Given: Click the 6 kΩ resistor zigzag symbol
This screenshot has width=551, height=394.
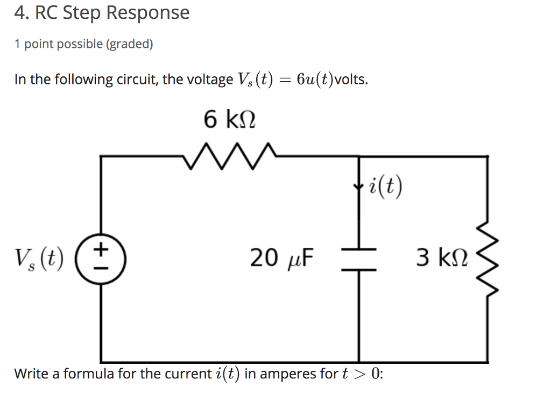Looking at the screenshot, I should tap(230, 156).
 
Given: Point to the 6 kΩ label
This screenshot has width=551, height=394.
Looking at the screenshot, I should tap(229, 119).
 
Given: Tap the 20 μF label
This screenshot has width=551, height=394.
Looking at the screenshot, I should tap(282, 258).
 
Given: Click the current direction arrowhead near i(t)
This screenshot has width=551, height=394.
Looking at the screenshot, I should tap(359, 188).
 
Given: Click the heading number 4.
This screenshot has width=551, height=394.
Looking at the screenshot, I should tap(20, 12).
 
